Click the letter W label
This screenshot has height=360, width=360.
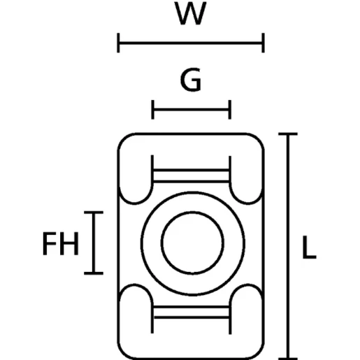[x=190, y=13]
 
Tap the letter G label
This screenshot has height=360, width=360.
[x=191, y=80]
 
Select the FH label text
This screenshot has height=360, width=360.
[x=61, y=243]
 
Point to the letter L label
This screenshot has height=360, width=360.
[x=309, y=247]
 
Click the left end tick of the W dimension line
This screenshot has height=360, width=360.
[x=118, y=43]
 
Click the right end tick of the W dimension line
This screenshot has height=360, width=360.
[x=264, y=43]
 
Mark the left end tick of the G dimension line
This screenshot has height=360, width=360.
[x=153, y=110]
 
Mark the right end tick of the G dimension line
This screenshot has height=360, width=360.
[x=230, y=110]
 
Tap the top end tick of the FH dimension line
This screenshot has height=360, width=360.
[x=94, y=213]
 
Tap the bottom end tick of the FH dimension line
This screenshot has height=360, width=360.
[x=94, y=273]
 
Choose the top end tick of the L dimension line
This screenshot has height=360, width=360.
[x=288, y=134]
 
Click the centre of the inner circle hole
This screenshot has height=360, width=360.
[x=192, y=243]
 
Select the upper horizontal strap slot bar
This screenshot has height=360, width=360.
[x=192, y=176]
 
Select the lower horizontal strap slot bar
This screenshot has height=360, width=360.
[x=192, y=312]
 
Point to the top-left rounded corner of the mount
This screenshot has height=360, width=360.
[x=124, y=138]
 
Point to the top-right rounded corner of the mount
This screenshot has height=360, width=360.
[x=258, y=138]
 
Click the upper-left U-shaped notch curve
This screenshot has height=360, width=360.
[x=135, y=204]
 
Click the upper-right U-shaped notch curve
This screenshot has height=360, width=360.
[x=248, y=204]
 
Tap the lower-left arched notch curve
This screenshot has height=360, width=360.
[x=135, y=285]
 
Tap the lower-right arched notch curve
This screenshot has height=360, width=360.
[x=248, y=285]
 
